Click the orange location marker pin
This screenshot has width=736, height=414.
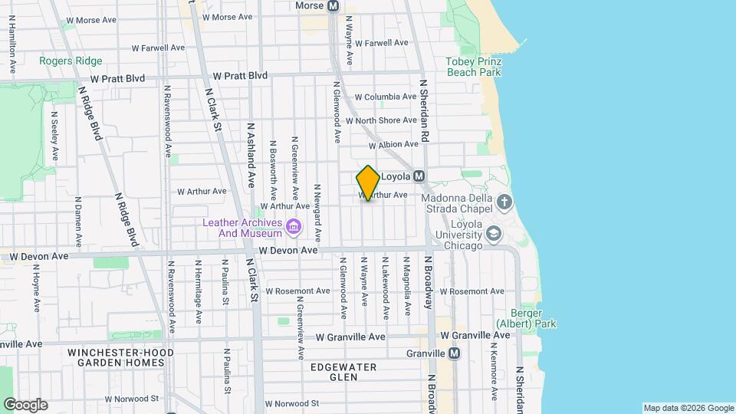coord(368,183)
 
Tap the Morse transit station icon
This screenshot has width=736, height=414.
coord(333,5)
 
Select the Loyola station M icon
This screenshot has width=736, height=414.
coord(419,176)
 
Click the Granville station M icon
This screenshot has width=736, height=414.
coord(454,353)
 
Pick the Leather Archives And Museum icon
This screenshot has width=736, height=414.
coord(293,227)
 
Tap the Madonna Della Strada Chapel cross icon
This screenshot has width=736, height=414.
coord(504,202)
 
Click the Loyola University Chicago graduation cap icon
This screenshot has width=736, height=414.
coord(495,234)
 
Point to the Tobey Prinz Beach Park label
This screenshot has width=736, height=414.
coord(474,67)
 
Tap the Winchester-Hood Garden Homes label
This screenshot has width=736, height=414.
coord(121,357)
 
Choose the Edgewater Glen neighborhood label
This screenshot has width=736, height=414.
coord(343,372)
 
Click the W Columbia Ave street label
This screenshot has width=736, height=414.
coord(386,97)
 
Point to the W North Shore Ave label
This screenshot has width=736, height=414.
coord(381,120)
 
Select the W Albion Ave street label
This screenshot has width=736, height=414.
coord(394,144)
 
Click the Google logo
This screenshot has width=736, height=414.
coord(25,405)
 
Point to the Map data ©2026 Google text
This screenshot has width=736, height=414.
coord(688,408)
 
